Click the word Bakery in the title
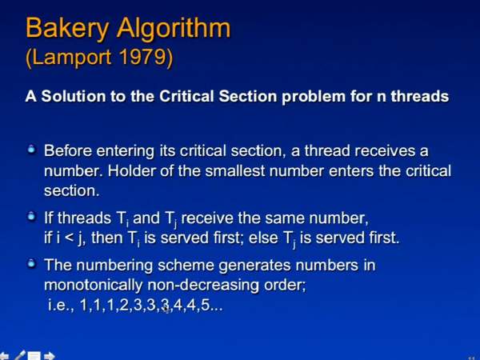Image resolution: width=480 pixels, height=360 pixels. tap(67, 29)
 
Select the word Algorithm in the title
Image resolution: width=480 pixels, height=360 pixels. tap(174, 29)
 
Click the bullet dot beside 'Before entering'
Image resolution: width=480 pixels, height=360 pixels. tap(31, 150)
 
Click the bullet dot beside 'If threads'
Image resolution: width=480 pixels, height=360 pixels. tap(31, 217)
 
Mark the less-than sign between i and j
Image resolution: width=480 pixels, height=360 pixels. tap(70, 238)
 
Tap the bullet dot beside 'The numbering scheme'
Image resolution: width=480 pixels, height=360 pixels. tap(31, 263)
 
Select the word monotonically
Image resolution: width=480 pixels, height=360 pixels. tap(93, 286)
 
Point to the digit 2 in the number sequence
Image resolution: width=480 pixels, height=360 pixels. tap(124, 305)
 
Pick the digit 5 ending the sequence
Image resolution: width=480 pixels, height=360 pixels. tap(206, 305)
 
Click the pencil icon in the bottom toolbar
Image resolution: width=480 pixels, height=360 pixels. tap(20, 355)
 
